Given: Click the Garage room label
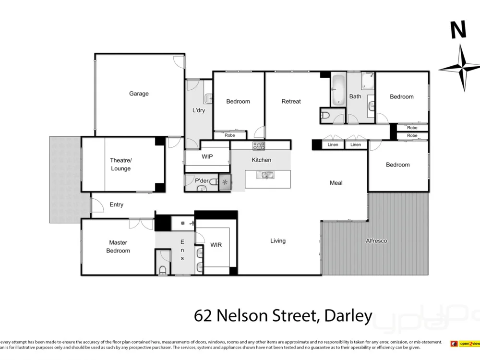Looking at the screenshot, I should tap(139, 94).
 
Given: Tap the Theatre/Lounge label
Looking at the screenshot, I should tap(120, 164).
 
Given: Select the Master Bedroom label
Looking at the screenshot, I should tap(118, 246).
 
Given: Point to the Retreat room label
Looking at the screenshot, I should tap(291, 101).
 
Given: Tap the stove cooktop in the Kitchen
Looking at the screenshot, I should tap(259, 145).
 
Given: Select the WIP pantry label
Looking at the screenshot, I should tap(207, 156).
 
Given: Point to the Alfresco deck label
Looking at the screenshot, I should tap(376, 240).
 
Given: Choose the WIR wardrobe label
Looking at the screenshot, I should tap(216, 245).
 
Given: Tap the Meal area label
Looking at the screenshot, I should tap(336, 183).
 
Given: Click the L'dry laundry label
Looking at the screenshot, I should tap(198, 110).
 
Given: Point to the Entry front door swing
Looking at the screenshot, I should tap(97, 204).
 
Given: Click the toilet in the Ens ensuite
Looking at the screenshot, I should tap(163, 270).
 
